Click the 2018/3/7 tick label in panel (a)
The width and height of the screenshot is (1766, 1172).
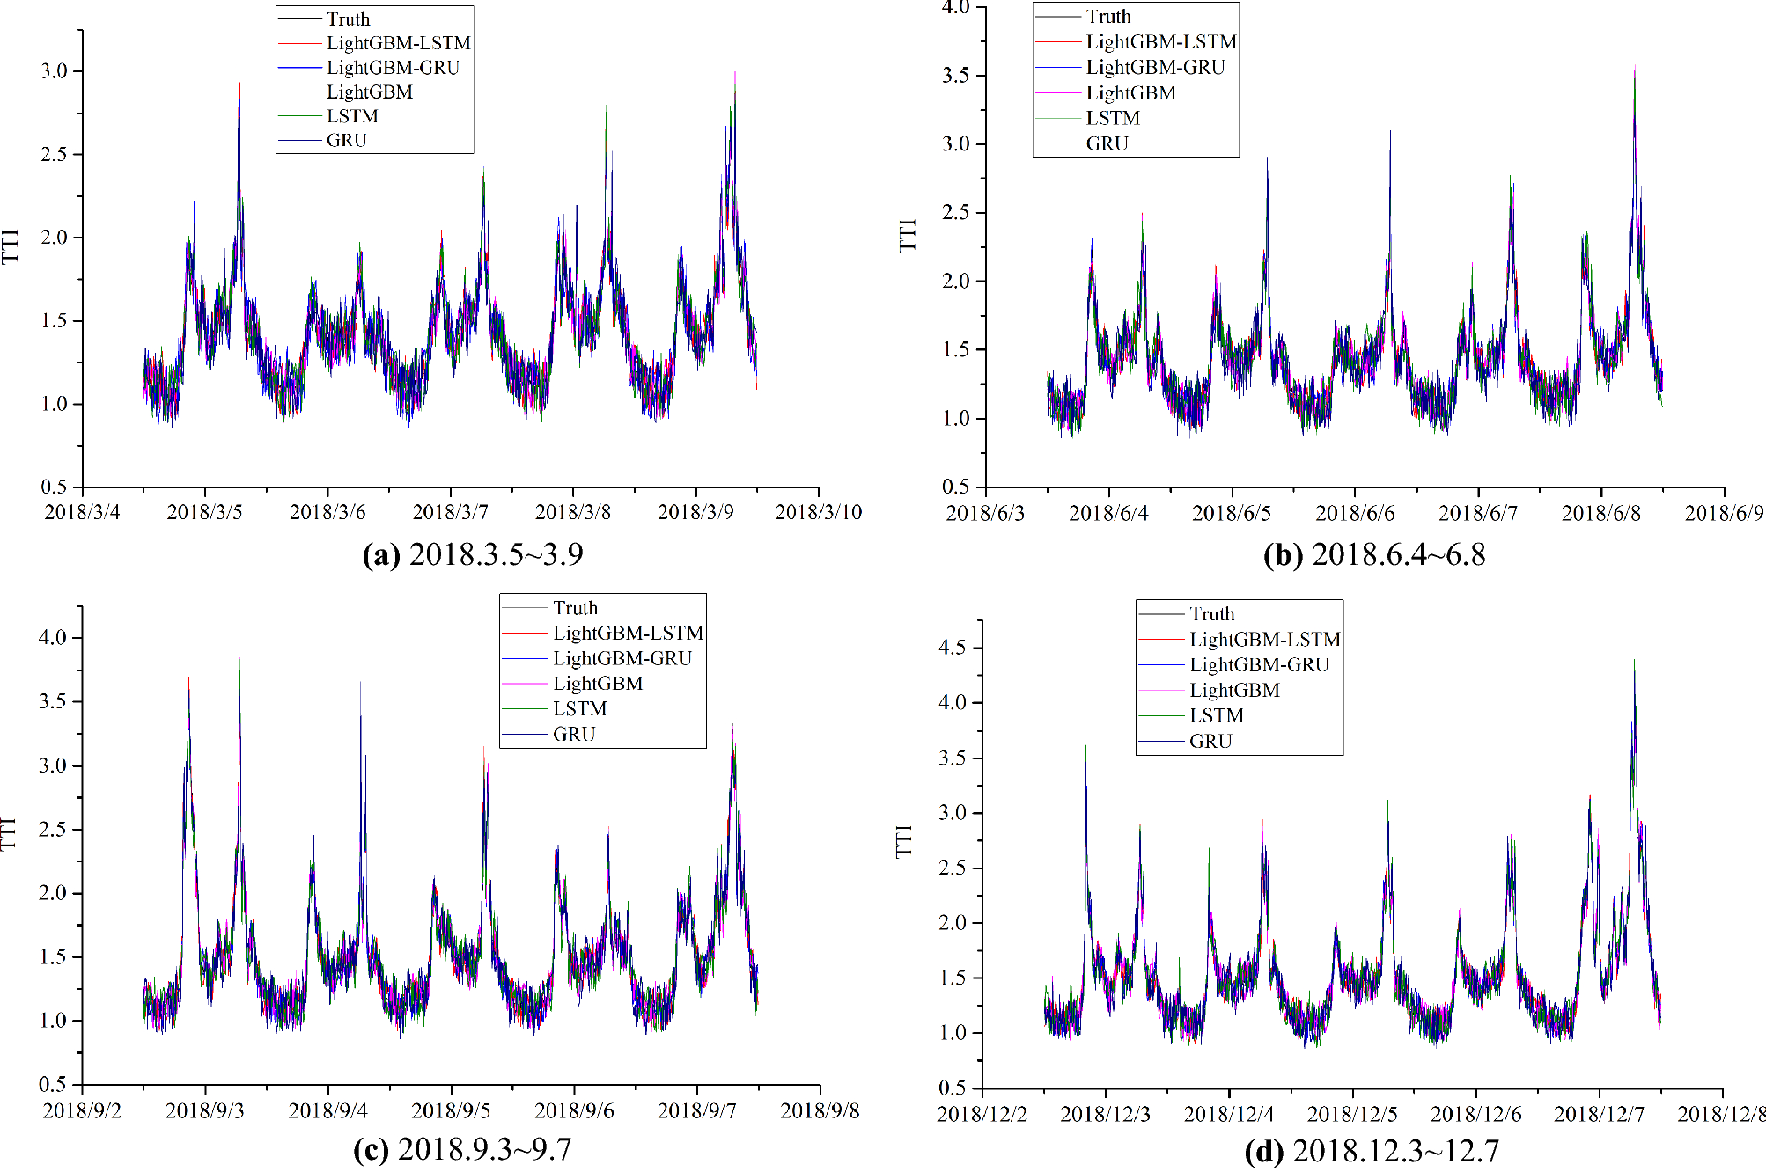coord(450,512)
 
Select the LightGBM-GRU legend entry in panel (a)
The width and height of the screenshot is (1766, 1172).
coord(393,68)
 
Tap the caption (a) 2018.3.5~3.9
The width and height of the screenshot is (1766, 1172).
coord(473,554)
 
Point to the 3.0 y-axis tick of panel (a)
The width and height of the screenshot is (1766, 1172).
coord(54,71)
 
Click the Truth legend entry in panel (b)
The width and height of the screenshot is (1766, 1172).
coord(1108,17)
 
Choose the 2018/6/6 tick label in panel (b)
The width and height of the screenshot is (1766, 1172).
coord(1355,513)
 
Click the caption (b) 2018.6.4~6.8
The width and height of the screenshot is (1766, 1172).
coord(1374,554)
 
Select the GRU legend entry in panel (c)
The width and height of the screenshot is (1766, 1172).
coord(574,734)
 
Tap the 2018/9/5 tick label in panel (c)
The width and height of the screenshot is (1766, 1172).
coord(451,1110)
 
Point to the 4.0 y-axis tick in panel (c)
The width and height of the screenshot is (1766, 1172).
coord(53,638)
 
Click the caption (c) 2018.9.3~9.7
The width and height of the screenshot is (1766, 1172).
coord(462,1149)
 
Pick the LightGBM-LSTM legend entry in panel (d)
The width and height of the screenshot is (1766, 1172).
coord(1264,640)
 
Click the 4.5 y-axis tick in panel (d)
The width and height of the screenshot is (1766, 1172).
coord(953,648)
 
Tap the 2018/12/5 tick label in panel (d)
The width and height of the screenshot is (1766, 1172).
coord(1352,1114)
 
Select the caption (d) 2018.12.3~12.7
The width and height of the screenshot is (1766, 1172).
coord(1372,1151)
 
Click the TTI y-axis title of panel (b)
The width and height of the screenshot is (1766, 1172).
coord(908,236)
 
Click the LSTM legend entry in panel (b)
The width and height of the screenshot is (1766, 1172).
coord(1112,118)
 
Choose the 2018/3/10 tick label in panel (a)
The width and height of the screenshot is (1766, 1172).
coord(819,512)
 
